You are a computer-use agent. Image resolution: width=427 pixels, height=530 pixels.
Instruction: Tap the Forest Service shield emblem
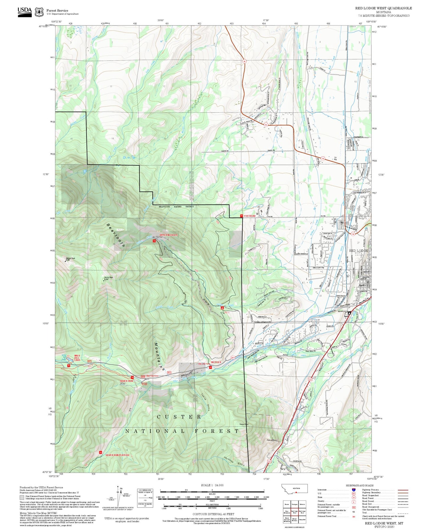coord(39,12)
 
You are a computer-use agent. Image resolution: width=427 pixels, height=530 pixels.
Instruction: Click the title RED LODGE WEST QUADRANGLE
coord(383,8)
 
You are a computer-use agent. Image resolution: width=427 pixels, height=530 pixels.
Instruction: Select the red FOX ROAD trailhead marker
coord(241,216)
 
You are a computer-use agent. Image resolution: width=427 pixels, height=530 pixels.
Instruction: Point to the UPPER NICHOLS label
coord(168,235)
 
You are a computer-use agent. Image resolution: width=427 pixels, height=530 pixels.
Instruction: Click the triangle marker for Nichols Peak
coord(65,261)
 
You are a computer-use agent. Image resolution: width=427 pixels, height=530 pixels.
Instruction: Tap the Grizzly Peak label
coord(108,278)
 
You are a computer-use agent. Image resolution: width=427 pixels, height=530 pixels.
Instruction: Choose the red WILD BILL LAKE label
coord(77,358)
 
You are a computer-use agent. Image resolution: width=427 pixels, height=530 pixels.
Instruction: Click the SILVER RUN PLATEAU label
coord(117,455)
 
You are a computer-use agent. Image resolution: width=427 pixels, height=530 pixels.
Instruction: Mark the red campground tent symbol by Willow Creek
coord(222,308)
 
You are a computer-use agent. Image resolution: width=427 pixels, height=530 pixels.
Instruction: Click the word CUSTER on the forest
coord(179,417)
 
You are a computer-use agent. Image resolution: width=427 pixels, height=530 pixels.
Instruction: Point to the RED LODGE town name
coord(358,251)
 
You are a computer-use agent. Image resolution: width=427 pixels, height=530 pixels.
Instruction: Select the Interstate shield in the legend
coord(353,490)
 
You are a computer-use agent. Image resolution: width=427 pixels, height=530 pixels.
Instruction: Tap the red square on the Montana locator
coord(296,492)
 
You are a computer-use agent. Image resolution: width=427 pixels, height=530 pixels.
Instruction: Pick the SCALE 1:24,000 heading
coord(212,485)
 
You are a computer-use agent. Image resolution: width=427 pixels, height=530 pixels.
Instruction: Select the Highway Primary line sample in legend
coord(403,490)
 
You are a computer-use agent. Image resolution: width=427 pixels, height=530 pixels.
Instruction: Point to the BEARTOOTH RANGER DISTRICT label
coord(176,207)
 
